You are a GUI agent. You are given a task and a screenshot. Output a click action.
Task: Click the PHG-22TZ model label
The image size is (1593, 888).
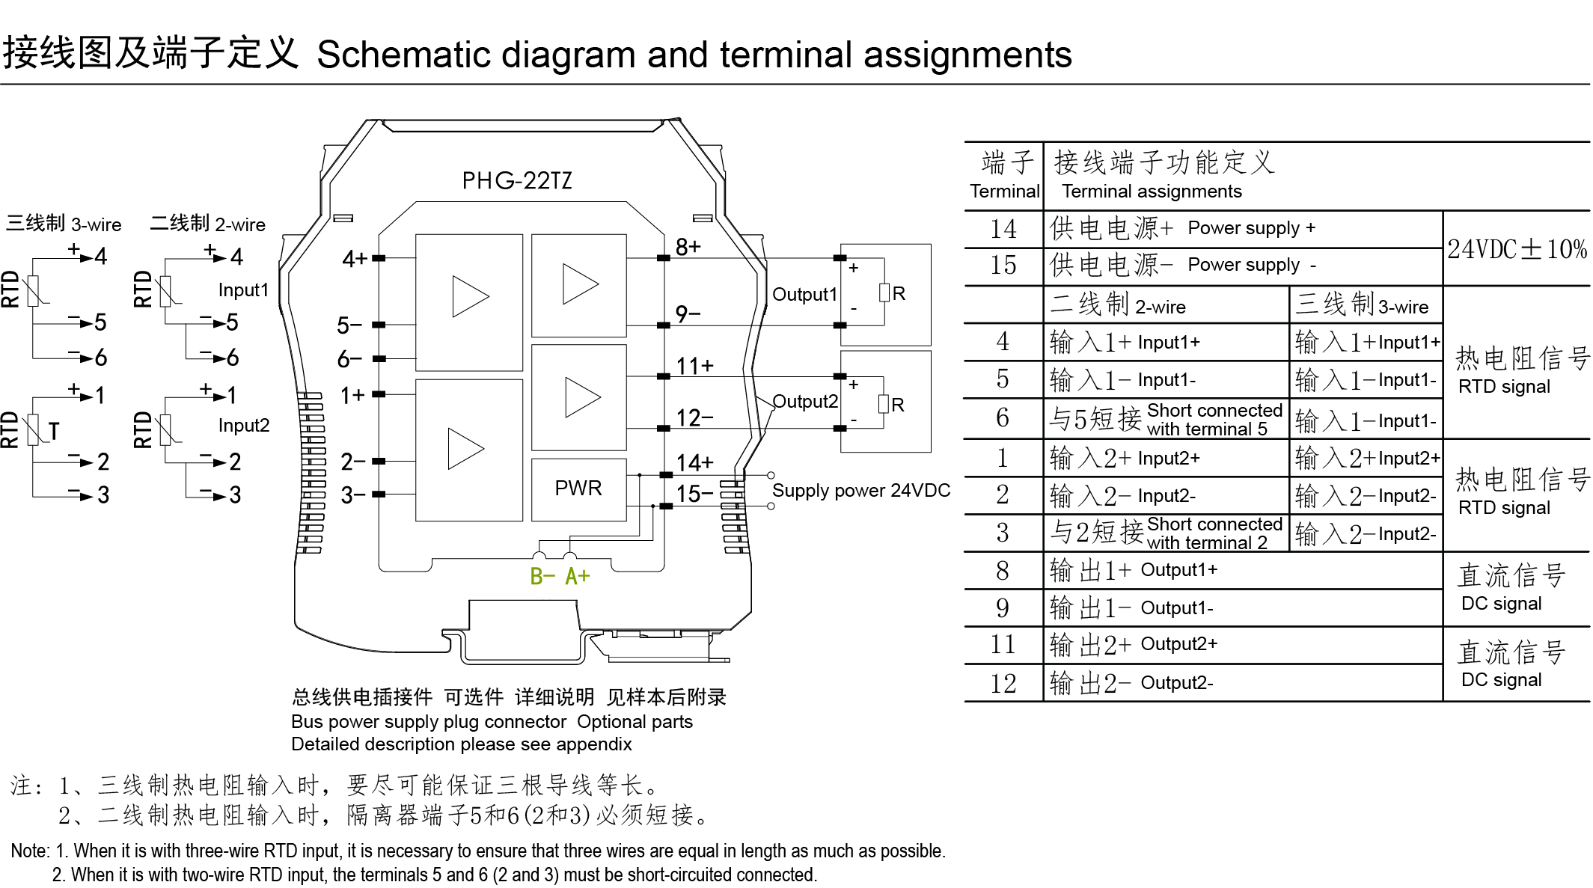(516, 180)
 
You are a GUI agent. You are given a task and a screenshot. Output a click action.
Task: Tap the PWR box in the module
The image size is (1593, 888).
(578, 489)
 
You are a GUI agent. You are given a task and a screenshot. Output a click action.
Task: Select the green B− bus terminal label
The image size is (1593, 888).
(542, 577)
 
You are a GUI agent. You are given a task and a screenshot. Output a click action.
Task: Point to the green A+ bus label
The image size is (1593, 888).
(577, 577)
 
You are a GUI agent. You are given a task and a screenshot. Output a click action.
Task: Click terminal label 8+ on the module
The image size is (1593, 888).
(688, 247)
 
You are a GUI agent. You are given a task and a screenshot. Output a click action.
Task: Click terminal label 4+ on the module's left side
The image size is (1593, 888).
(355, 259)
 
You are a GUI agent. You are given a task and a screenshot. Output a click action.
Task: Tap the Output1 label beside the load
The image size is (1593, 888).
(804, 294)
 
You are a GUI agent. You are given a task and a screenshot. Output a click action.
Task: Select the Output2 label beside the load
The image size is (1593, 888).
(805, 402)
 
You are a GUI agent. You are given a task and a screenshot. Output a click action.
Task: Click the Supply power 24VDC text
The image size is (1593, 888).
(860, 491)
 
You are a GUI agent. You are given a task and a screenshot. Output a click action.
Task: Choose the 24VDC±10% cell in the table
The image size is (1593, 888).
(1517, 249)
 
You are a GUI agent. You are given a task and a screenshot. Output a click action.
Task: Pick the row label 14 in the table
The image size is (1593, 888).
(1003, 229)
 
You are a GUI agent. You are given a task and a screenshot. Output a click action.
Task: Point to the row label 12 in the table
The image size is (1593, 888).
(1003, 683)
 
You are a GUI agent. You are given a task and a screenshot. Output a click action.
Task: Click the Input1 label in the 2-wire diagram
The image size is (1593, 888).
(243, 290)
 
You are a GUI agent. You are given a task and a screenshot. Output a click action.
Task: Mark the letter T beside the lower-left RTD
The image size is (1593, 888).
(54, 432)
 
